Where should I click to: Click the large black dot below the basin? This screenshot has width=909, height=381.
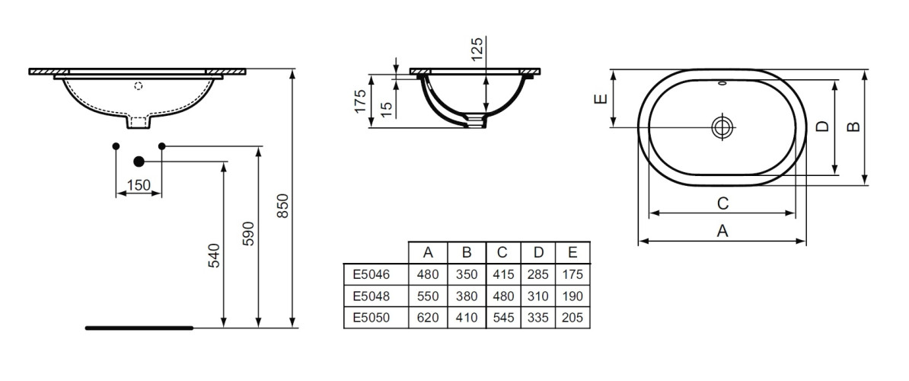click(139, 162)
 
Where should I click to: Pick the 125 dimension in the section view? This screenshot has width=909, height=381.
click(477, 51)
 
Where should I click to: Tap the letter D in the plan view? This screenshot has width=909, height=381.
click(821, 126)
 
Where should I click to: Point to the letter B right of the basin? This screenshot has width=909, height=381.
click(853, 126)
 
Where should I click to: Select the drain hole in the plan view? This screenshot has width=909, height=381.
click(722, 126)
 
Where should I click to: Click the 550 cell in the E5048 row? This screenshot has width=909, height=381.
click(429, 295)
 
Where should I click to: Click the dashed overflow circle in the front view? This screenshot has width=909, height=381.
click(139, 86)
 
